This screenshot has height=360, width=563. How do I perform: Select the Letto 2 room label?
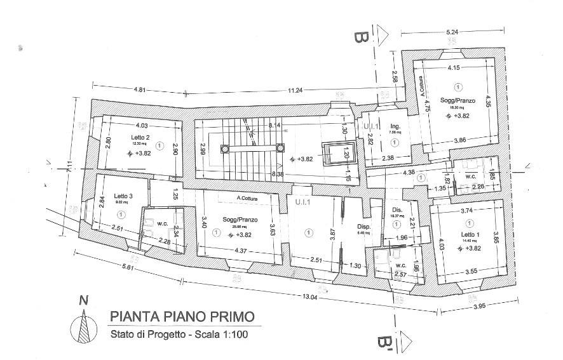pos(140,137)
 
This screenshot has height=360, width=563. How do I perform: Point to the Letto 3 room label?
pos(123,196)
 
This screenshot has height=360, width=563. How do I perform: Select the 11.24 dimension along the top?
pos(295,91)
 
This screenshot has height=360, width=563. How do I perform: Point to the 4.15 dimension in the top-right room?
pos(454,67)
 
